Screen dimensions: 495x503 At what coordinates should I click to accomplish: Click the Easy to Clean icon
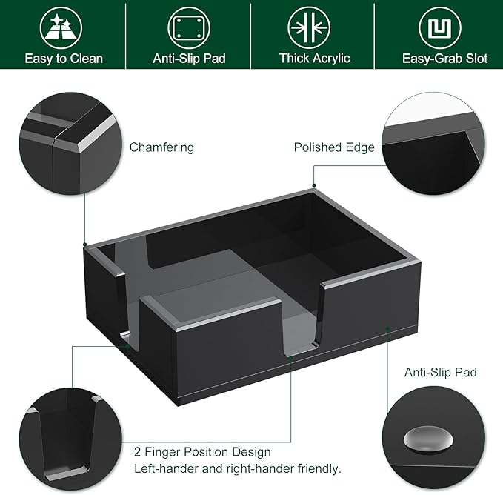point(63,27)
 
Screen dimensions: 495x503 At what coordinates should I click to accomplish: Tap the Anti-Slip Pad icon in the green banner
point(188,27)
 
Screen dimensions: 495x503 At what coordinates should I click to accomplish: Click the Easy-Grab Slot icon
point(440,27)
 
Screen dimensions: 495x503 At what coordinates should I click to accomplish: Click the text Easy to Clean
point(64,58)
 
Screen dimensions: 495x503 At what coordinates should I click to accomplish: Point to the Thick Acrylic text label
point(314,58)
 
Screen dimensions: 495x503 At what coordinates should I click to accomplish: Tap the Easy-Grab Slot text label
point(445,58)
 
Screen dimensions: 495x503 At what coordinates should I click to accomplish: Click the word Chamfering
point(161,147)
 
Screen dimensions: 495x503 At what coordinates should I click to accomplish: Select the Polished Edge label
point(334,147)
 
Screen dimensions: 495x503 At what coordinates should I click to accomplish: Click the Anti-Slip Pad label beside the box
point(440,372)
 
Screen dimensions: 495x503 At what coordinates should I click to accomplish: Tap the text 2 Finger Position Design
point(202,451)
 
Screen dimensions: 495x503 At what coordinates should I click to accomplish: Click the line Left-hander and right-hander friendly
point(237,468)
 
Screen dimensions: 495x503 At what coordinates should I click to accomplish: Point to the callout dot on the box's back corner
point(314,186)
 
